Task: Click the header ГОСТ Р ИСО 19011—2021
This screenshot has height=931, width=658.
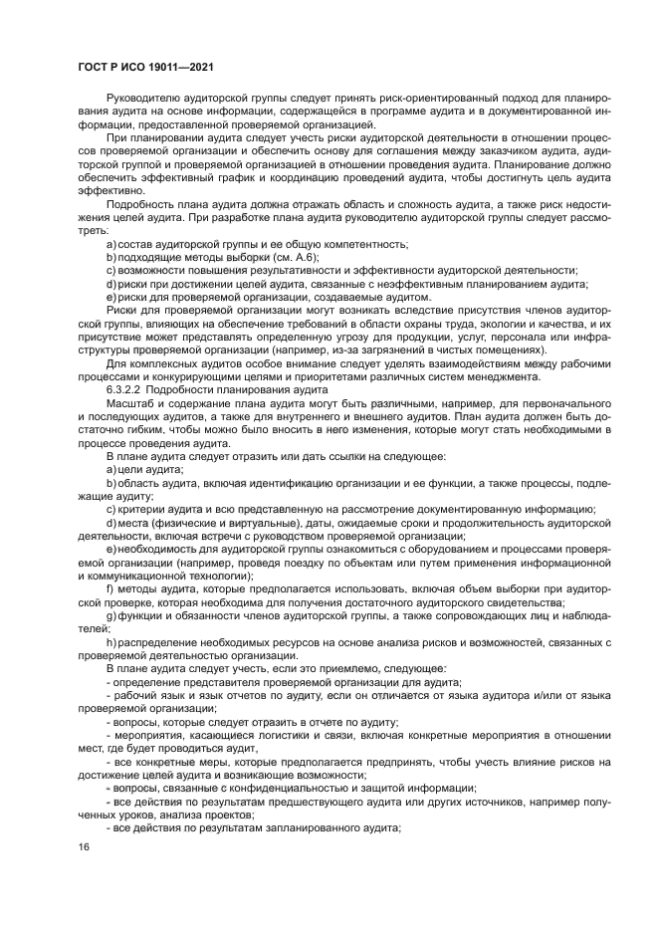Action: pos(145,67)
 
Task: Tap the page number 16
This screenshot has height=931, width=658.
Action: pos(83,846)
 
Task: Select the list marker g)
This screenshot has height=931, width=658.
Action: pos(111,614)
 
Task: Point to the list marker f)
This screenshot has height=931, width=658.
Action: pos(110,587)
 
